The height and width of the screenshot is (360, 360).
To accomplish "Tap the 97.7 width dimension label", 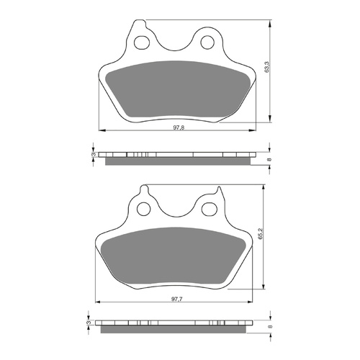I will point(176,297).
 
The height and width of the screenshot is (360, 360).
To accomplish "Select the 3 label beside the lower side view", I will point(89,324).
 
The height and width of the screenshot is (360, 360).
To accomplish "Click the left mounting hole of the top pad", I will point(145,40).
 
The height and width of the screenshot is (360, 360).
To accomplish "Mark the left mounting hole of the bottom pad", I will point(145,208).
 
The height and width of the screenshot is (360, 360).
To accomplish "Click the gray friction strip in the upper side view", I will point(178,161).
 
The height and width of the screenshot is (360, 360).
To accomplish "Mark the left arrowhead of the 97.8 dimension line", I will point(99,130).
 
